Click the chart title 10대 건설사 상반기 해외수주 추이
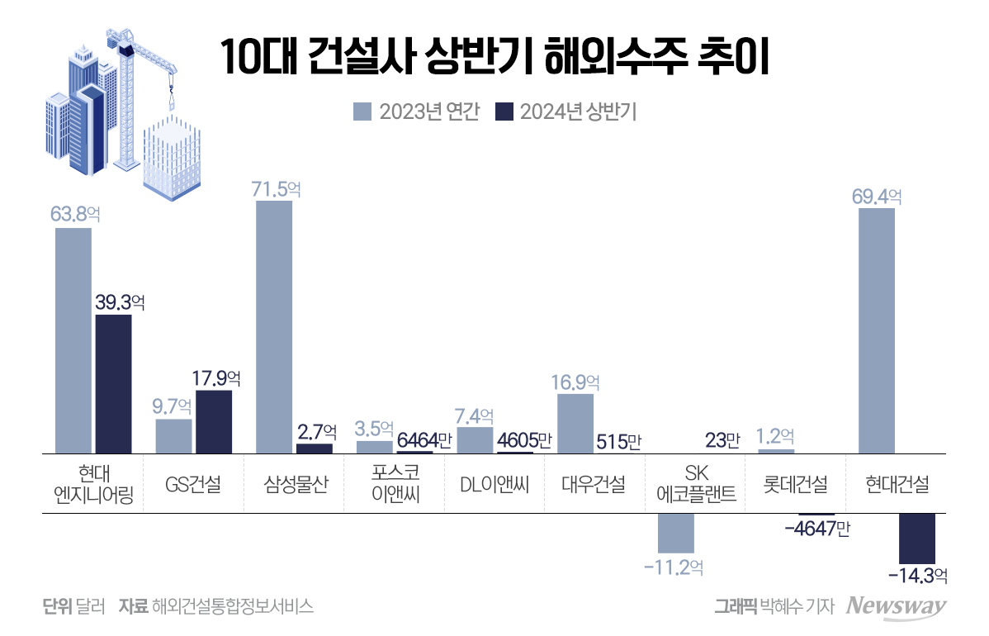pyautogui.click(x=494, y=59)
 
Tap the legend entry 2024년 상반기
pyautogui.click(x=565, y=112)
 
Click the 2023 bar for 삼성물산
pyautogui.click(x=274, y=326)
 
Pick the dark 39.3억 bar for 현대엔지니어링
pyautogui.click(x=113, y=383)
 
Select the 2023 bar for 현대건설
pyautogui.click(x=877, y=330)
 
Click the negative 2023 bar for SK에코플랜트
pyautogui.click(x=676, y=533)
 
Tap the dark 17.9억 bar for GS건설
pyautogui.click(x=214, y=421)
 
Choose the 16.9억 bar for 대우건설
pyautogui.click(x=575, y=423)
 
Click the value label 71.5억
pyautogui.click(x=277, y=189)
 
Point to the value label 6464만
pyautogui.click(x=424, y=441)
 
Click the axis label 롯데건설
pyautogui.click(x=797, y=485)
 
